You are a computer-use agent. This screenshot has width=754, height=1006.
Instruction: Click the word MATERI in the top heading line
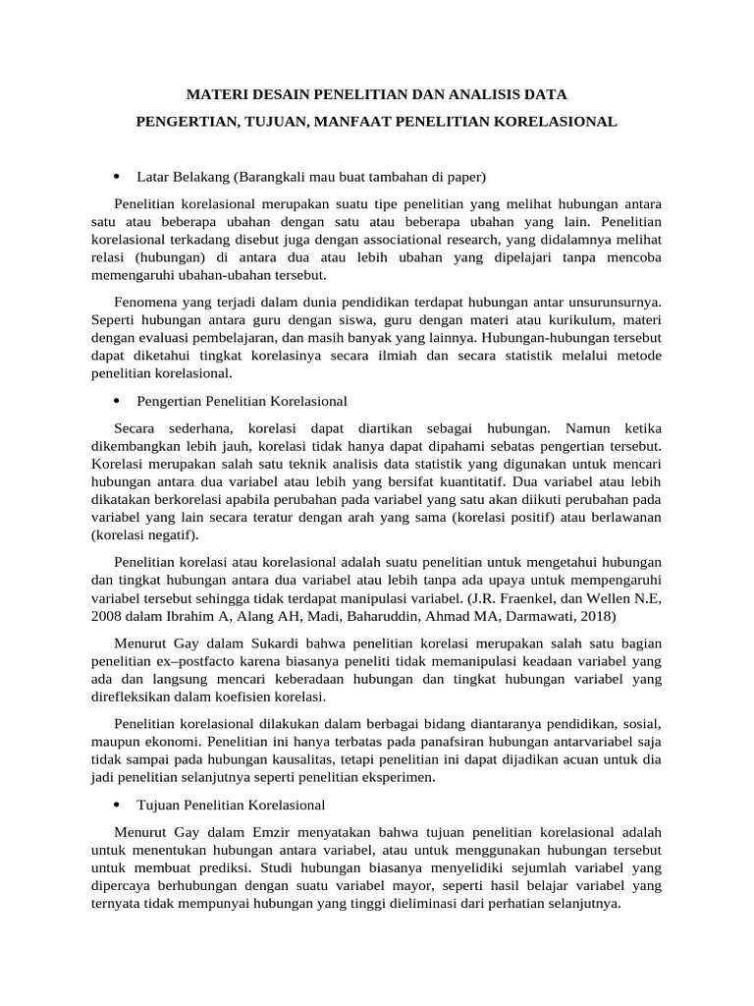coord(213,95)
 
